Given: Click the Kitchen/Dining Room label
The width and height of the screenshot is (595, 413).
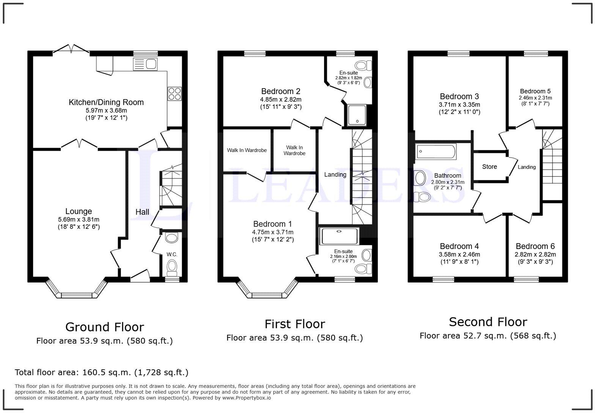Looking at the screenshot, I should (106, 102).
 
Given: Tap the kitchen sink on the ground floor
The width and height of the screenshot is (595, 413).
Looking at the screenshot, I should (145, 64).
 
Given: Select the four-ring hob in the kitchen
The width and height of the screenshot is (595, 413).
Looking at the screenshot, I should (175, 94).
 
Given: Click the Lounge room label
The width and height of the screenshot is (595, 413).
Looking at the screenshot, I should (79, 211).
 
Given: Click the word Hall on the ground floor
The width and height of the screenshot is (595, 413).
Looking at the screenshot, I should (142, 212).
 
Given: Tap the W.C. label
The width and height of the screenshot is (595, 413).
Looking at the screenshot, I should (172, 254).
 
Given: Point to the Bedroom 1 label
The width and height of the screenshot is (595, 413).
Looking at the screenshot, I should (272, 224).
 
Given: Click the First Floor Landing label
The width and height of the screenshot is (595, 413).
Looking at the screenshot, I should (335, 175).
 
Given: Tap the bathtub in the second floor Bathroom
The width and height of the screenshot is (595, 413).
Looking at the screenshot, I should (436, 151).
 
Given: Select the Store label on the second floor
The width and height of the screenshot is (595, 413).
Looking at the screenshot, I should (489, 167).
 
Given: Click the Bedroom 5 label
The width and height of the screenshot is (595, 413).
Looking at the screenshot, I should (535, 91).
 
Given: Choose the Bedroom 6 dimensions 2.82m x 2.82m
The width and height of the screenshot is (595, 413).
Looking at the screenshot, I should (535, 254).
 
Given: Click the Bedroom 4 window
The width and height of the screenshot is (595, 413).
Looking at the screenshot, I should (443, 280).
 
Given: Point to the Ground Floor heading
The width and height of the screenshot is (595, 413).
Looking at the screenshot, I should (105, 327).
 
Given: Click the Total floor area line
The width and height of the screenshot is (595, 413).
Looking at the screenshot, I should (101, 372).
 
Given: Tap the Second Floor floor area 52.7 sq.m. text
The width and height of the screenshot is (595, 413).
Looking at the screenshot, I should (488, 336).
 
